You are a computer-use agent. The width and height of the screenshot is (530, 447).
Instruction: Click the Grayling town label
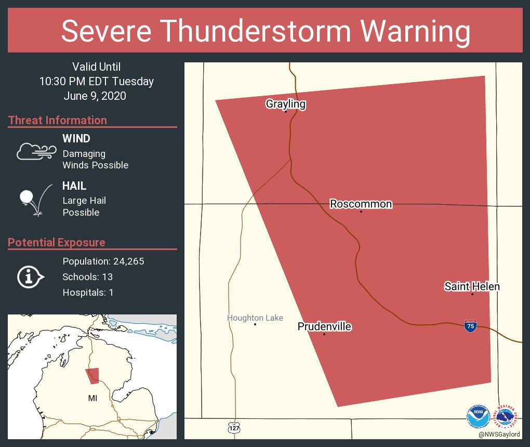click(285, 104)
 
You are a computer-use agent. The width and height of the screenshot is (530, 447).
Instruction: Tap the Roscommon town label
click(361, 204)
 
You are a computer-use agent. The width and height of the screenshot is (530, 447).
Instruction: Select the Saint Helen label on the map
click(472, 286)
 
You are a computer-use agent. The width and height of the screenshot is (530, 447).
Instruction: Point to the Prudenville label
click(324, 327)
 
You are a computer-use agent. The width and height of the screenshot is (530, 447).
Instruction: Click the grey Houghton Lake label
click(255, 318)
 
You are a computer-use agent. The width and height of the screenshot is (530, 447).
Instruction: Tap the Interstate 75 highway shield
click(470, 326)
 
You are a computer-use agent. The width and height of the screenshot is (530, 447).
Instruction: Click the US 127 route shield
click(234, 427)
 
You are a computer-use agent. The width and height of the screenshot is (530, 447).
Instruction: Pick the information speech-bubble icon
click(30, 277)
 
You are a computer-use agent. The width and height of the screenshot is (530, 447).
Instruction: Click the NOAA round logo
click(478, 417)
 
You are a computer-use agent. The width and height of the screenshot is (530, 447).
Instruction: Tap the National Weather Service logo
click(507, 417)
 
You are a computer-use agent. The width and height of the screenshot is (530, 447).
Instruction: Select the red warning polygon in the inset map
click(92, 375)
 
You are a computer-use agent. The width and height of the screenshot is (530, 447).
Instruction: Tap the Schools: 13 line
click(87, 277)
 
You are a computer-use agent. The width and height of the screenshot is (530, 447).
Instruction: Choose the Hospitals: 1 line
click(88, 292)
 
